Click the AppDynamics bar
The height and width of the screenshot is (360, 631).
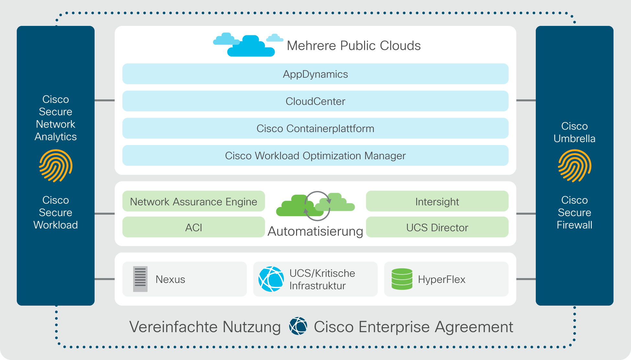click(315, 74)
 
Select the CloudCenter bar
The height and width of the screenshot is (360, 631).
click(315, 101)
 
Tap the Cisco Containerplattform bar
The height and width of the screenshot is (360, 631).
click(315, 128)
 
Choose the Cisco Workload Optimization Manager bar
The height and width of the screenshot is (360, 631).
click(315, 155)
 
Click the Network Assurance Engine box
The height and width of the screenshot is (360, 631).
click(193, 201)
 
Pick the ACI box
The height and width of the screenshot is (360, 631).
click(193, 227)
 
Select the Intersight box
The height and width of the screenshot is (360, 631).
click(437, 201)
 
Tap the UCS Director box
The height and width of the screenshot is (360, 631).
click(437, 227)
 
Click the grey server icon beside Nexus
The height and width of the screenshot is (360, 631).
click(140, 279)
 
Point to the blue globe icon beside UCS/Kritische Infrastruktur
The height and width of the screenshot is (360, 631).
click(271, 279)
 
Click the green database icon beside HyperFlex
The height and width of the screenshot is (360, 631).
click(402, 279)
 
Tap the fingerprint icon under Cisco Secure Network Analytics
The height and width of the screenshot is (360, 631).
click(56, 166)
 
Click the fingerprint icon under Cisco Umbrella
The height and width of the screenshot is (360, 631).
click(575, 166)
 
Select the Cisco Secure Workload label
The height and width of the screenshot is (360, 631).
click(56, 212)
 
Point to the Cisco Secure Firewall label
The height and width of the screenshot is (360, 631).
click(575, 212)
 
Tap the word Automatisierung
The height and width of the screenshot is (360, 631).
click(315, 231)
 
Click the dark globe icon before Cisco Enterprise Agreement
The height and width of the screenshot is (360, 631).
click(298, 326)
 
